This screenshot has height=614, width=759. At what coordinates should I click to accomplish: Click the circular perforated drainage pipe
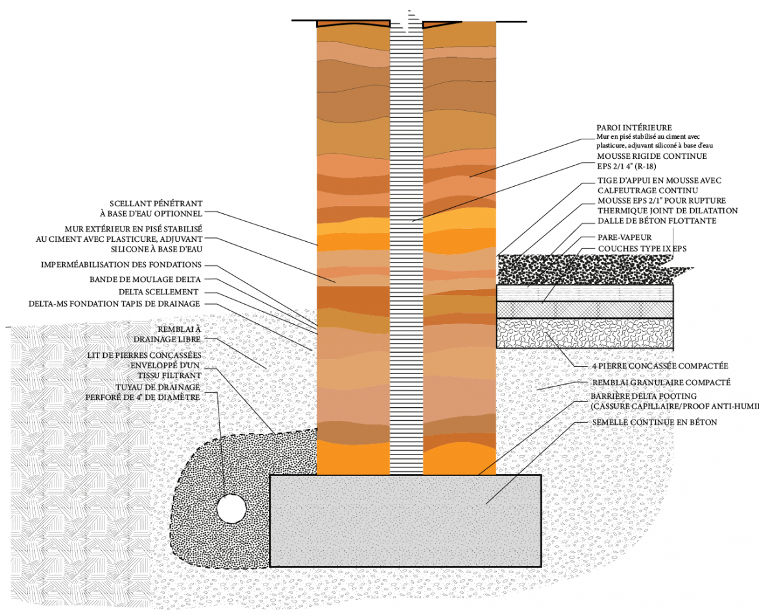pyautogui.click(x=231, y=508)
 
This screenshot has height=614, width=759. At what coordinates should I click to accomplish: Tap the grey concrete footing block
pyautogui.click(x=405, y=520)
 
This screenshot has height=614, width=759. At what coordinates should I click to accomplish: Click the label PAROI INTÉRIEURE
pyautogui.click(x=634, y=128)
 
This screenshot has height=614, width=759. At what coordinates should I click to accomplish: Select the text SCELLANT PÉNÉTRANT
pyautogui.click(x=156, y=202)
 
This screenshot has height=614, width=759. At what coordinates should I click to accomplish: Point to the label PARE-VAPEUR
pyautogui.click(x=624, y=237)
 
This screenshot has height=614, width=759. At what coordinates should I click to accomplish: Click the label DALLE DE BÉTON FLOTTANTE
pyautogui.click(x=657, y=220)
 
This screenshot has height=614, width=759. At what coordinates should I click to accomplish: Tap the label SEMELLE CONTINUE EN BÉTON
pyautogui.click(x=655, y=422)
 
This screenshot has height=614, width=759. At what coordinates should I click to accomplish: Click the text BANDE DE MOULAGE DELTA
pyautogui.click(x=145, y=279)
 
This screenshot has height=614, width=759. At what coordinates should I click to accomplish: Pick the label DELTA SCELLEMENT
pyautogui.click(x=158, y=292)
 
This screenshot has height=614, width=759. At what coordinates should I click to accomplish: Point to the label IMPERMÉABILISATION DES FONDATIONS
pyautogui.click(x=121, y=265)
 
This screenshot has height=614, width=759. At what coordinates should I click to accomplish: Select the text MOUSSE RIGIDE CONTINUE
pyautogui.click(x=651, y=156)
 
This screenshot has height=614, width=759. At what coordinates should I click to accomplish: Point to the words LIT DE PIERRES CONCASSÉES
pyautogui.click(x=144, y=355)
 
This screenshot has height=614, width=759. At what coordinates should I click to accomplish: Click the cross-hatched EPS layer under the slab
pyautogui.click(x=584, y=309)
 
